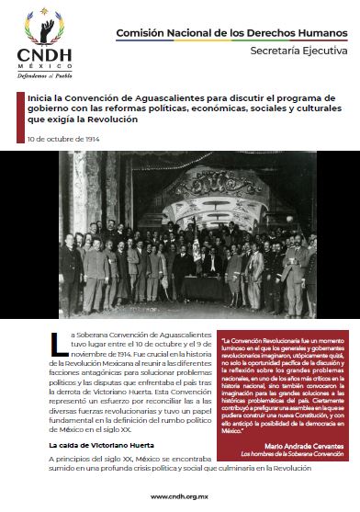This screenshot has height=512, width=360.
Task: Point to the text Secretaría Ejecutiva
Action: pos(298,52)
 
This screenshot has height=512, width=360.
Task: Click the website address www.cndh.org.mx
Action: pos(181,497)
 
